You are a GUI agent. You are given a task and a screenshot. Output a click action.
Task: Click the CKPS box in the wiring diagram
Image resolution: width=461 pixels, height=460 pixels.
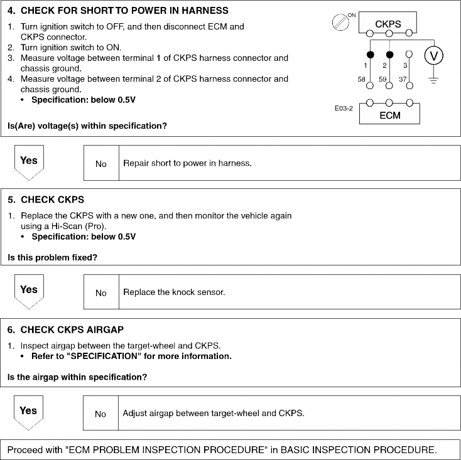tap(388, 24)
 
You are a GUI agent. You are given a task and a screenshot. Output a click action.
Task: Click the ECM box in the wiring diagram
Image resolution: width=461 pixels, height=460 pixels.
tap(389, 115)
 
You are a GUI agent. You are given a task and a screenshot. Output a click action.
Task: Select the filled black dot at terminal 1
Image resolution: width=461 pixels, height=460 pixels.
tap(371, 54)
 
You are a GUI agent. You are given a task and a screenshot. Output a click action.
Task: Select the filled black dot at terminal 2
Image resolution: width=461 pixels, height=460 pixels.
tap(389, 54)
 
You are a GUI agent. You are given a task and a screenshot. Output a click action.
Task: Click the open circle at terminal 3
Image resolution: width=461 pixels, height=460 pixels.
tap(408, 54)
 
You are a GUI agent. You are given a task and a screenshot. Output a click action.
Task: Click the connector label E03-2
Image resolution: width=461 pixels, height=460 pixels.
tap(344, 108)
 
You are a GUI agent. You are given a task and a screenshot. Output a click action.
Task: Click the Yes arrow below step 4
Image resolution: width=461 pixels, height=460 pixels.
tap(28, 163)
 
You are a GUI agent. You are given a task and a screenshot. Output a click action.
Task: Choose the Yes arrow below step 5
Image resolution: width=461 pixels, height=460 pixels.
tap(28, 292)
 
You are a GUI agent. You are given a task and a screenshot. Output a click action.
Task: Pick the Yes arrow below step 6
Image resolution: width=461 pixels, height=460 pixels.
tap(28, 412)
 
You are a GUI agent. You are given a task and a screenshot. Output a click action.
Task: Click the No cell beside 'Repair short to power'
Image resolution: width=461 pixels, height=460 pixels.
tap(101, 164)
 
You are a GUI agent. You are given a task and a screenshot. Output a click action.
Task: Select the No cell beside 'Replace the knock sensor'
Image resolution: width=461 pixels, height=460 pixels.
tap(101, 292)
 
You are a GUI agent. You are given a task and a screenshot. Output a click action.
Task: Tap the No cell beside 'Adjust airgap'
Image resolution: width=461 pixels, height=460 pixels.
tap(101, 414)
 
